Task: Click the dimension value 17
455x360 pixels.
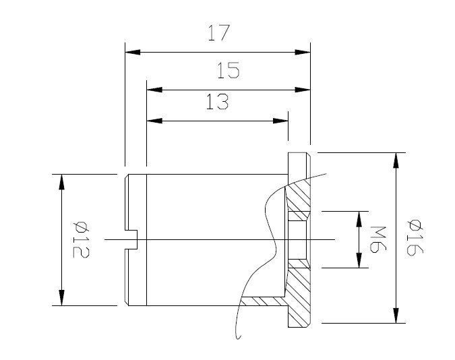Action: coord(218,34)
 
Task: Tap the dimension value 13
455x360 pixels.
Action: coord(217,102)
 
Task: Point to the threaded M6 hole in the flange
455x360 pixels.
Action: coord(296,239)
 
